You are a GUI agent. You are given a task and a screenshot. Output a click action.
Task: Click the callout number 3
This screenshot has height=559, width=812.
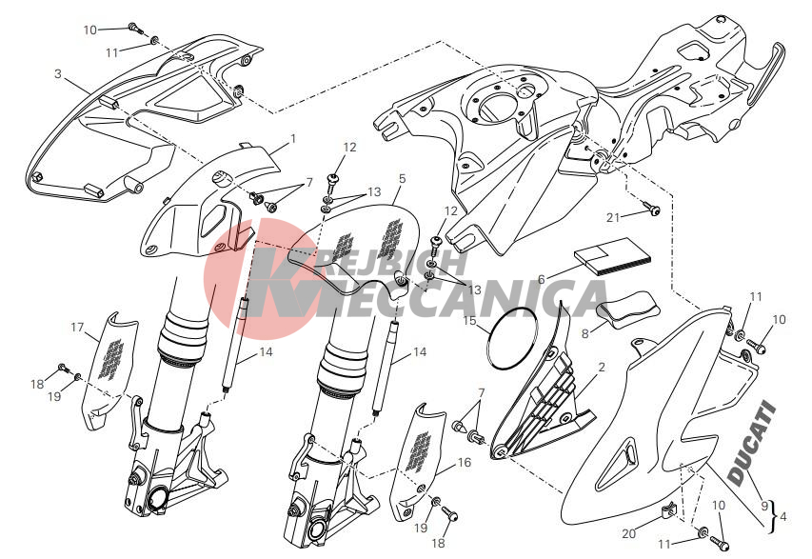tap(58, 74)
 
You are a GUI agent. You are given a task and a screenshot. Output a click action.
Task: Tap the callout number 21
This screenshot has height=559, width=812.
tap(613, 217)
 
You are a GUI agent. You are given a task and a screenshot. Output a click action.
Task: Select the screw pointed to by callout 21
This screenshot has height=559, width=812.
tap(652, 209)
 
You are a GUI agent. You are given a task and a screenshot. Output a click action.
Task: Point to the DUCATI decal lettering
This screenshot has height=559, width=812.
tap(752, 444)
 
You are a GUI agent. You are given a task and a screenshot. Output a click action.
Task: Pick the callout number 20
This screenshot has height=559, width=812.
tap(628, 533)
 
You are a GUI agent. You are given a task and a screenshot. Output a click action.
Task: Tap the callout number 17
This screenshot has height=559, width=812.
tap(77, 328)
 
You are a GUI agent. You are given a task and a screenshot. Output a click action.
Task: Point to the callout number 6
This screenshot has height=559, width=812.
tap(541, 280)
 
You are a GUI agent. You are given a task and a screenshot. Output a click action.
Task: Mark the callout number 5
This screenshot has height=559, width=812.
tap(403, 179)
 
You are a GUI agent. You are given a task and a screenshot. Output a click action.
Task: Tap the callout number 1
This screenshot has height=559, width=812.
tap(293, 139)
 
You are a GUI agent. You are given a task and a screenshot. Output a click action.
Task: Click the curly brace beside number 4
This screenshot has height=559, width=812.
tap(774, 516)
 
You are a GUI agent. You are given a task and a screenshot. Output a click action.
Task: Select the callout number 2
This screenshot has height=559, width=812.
tap(602, 368)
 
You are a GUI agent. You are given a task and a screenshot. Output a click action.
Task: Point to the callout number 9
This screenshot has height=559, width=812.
tap(763, 506)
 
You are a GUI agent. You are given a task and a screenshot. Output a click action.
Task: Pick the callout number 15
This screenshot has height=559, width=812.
tap(469, 321)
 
